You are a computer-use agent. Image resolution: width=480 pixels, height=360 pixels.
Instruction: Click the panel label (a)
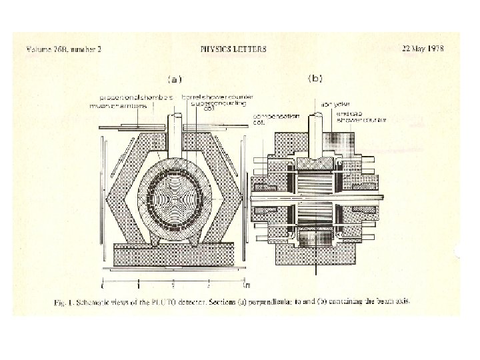click(x=175, y=79)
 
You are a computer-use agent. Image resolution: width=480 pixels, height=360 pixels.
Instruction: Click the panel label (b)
click(x=315, y=79)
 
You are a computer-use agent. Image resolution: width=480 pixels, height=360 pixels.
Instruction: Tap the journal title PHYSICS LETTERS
click(x=233, y=49)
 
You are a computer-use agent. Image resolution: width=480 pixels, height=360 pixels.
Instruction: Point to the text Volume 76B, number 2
click(x=64, y=50)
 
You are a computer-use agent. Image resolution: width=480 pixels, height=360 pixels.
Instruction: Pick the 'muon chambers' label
click(x=119, y=105)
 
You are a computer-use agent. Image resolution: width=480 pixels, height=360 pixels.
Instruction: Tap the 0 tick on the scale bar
click(x=102, y=287)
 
